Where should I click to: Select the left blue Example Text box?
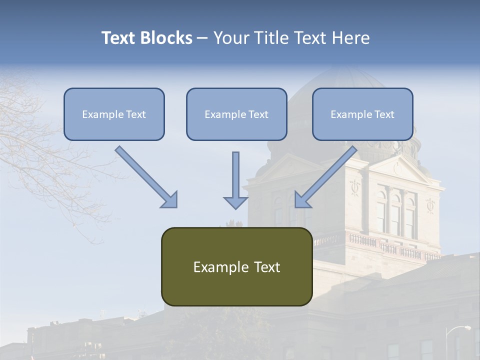pyautogui.click(x=114, y=114)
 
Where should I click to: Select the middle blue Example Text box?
pyautogui.click(x=236, y=114)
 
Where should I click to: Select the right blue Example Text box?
pyautogui.click(x=362, y=114)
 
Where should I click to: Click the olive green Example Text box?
pyautogui.click(x=236, y=266)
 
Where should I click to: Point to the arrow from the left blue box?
pyautogui.click(x=145, y=175)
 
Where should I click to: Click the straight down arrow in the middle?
pyautogui.click(x=235, y=177)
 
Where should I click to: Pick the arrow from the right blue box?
pyautogui.click(x=327, y=175)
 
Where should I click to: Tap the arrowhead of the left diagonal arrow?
pyautogui.click(x=170, y=200)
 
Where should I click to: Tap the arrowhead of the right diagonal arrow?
pyautogui.click(x=302, y=200)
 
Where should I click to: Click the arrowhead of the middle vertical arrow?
pyautogui.click(x=235, y=202)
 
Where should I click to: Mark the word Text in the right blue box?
pyautogui.click(x=384, y=114)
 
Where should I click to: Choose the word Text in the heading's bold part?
pyautogui.click(x=118, y=38)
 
